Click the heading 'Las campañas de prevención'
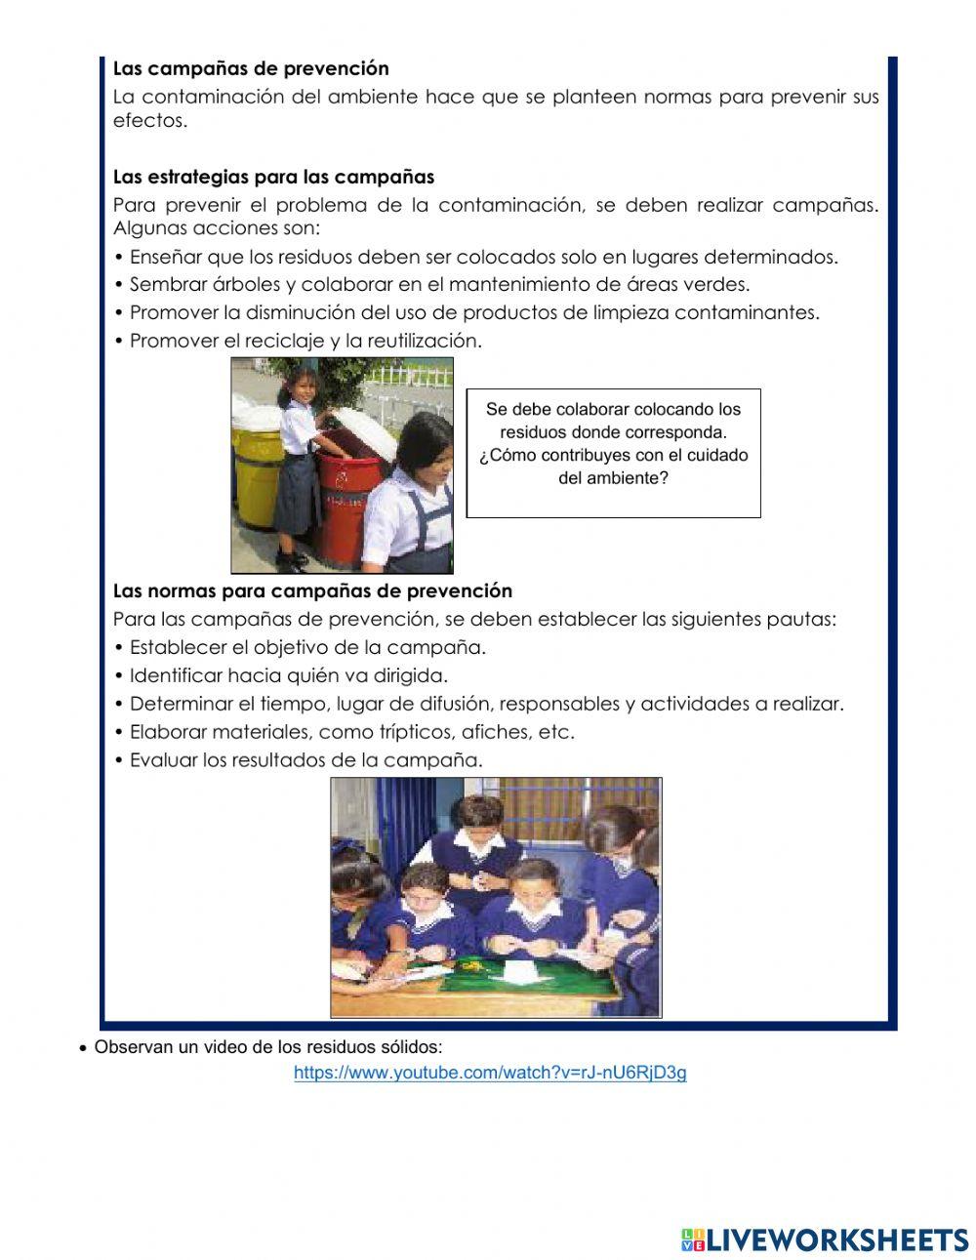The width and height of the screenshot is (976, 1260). pos(251,68)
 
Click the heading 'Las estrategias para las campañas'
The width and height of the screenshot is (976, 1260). pos(273,177)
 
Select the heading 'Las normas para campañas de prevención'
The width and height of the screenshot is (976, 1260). pos(312,590)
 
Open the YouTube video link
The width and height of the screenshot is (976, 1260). pos(490,1073)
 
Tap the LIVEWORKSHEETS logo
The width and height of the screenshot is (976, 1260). pos(824,1240)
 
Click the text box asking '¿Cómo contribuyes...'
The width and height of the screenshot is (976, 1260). pos(613,453)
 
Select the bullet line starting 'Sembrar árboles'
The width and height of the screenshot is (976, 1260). pos(439,284)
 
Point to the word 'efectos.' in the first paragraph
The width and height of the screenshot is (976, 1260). pos(149,121)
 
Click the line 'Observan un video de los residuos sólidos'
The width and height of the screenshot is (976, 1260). pos(267,1047)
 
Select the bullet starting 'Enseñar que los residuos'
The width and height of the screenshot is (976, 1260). pos(483,257)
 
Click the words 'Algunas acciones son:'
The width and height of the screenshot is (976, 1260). pos(217,227)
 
